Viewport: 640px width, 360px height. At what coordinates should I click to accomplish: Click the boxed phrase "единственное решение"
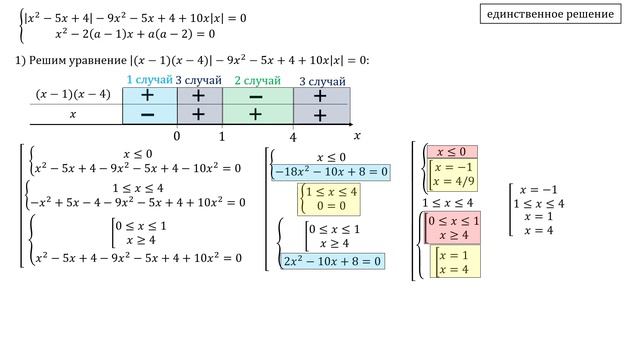coord(550,14)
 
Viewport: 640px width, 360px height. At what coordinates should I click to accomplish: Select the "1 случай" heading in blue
coord(149,80)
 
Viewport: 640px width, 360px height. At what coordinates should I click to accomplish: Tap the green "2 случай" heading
coord(258,80)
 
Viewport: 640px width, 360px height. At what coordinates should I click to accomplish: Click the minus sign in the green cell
coord(256,97)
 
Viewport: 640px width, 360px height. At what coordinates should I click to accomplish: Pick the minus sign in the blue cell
coord(147,115)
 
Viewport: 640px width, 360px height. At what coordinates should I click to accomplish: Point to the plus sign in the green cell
coord(256,114)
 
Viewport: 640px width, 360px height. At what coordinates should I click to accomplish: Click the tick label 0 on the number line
coord(177,136)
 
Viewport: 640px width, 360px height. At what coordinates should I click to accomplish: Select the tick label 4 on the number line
coord(293,137)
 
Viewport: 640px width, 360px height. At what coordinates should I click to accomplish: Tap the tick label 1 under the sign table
coord(222,136)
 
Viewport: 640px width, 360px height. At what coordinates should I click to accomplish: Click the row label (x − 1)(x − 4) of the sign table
coord(73,94)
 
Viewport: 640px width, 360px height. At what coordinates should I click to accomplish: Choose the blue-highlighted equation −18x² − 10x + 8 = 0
coord(331,172)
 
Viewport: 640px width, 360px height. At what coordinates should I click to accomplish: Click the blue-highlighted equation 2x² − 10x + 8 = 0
coord(332,261)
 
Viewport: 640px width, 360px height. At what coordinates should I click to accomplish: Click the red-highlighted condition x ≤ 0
coord(451,152)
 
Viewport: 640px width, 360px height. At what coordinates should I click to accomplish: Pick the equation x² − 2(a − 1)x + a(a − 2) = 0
coord(135,34)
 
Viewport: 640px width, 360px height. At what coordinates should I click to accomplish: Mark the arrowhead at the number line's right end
coord(351,124)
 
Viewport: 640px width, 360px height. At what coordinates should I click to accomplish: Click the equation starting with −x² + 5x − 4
coord(137,202)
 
